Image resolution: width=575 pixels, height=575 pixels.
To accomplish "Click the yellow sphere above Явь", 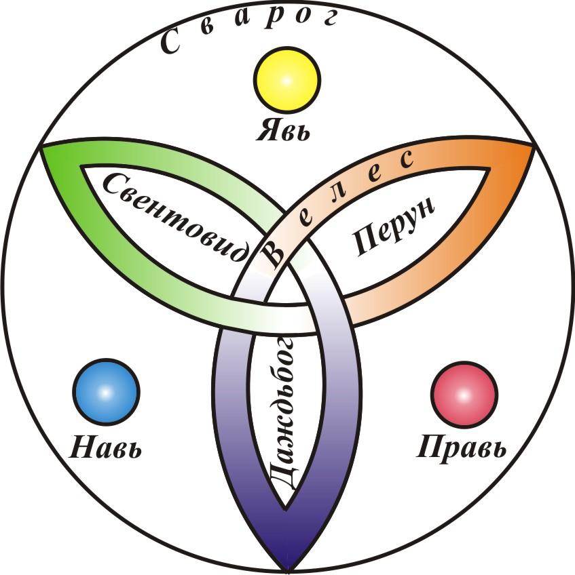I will coord(286,80).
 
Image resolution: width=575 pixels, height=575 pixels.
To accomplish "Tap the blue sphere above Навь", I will coord(106,393).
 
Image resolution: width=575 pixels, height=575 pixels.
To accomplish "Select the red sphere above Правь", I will coord(464,393).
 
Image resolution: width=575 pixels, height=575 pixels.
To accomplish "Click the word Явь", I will coord(283,129).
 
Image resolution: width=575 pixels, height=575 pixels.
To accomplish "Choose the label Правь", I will coord(462,448).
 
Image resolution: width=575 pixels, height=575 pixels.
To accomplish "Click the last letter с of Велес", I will coord(405,160).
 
